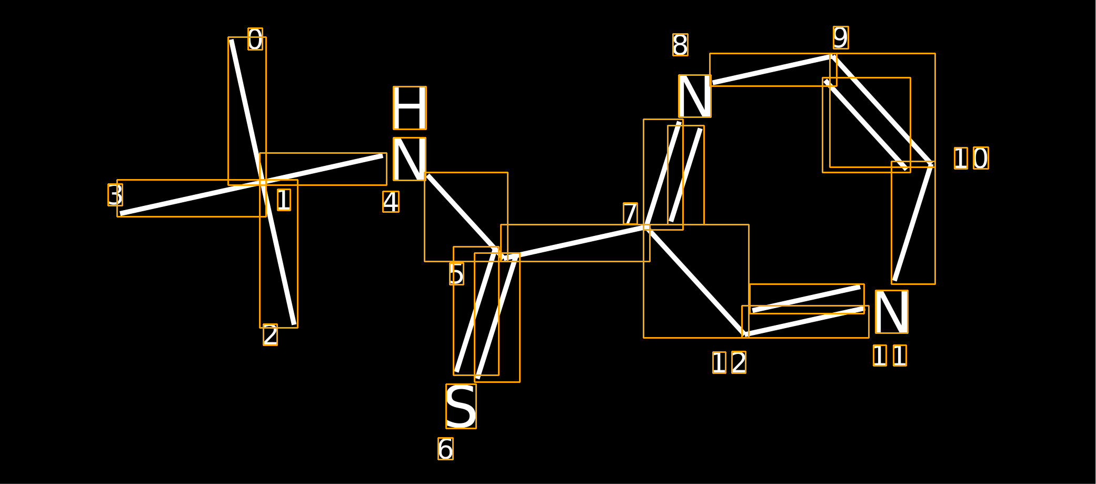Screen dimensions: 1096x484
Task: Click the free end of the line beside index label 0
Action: tap(231, 40)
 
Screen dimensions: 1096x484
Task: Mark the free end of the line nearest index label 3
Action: tap(121, 214)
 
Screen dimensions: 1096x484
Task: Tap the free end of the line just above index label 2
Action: tap(294, 324)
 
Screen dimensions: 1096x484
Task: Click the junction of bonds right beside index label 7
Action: tap(646, 227)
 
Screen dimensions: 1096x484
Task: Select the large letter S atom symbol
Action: tap(461, 406)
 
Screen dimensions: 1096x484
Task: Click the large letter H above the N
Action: tap(410, 108)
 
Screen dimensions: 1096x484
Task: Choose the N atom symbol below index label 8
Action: tap(695, 96)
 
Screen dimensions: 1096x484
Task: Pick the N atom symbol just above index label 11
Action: tap(892, 312)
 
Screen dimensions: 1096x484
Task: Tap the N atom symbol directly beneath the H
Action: tap(410, 159)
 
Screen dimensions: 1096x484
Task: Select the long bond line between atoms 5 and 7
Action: tap(575, 243)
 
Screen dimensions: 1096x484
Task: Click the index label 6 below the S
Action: tap(445, 449)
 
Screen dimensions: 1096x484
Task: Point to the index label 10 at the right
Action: tap(971, 158)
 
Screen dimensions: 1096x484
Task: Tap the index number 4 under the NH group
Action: tap(391, 202)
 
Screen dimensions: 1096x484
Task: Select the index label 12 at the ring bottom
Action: tap(729, 362)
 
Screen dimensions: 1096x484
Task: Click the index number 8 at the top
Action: tap(680, 45)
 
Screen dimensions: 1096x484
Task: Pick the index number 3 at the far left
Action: tap(115, 195)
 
